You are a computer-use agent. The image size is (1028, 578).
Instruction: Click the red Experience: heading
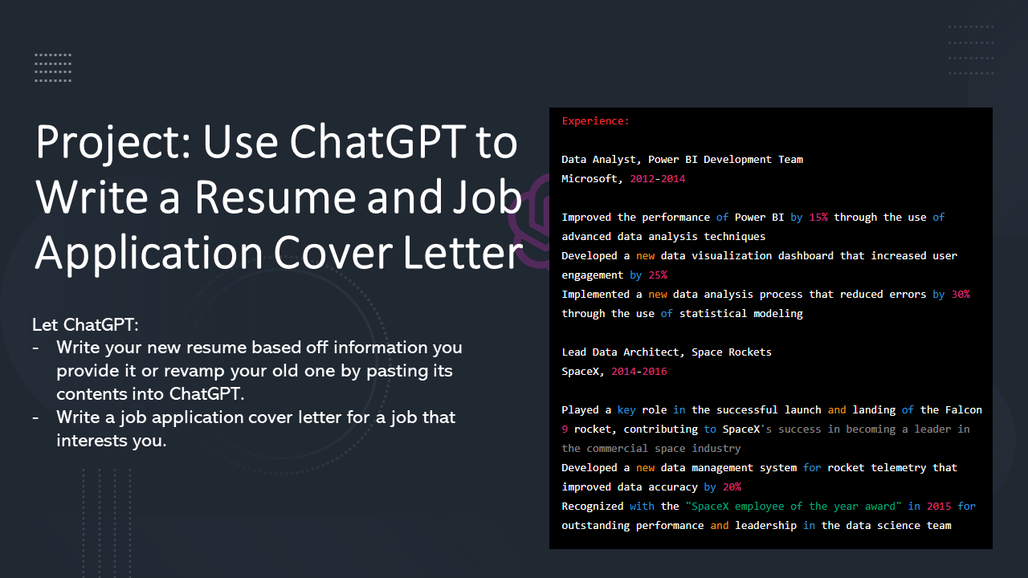[x=595, y=121]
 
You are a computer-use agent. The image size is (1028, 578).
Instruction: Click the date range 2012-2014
[x=657, y=179]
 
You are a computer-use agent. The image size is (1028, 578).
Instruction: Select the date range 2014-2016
[x=638, y=372]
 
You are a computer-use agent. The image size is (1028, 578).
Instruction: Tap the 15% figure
[x=818, y=218]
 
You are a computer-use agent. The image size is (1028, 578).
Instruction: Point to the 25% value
[x=658, y=275]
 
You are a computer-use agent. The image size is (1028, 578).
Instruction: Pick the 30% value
[x=961, y=295]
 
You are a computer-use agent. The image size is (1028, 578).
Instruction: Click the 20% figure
[x=732, y=487]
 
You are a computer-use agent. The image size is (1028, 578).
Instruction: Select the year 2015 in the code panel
[x=939, y=507]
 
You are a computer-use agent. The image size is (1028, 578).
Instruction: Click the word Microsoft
[x=589, y=179]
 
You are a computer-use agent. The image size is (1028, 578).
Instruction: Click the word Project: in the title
[x=113, y=144]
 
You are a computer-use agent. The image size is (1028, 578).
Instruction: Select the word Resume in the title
[x=275, y=198]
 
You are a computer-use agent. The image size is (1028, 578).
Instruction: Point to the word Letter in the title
[x=463, y=253]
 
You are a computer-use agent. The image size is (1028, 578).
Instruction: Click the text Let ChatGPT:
[x=85, y=325]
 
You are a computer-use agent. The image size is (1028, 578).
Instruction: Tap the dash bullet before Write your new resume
[x=36, y=348]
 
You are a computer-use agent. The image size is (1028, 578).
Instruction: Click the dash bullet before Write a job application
[x=36, y=418]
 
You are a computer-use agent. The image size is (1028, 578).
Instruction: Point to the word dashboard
[x=806, y=256]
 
